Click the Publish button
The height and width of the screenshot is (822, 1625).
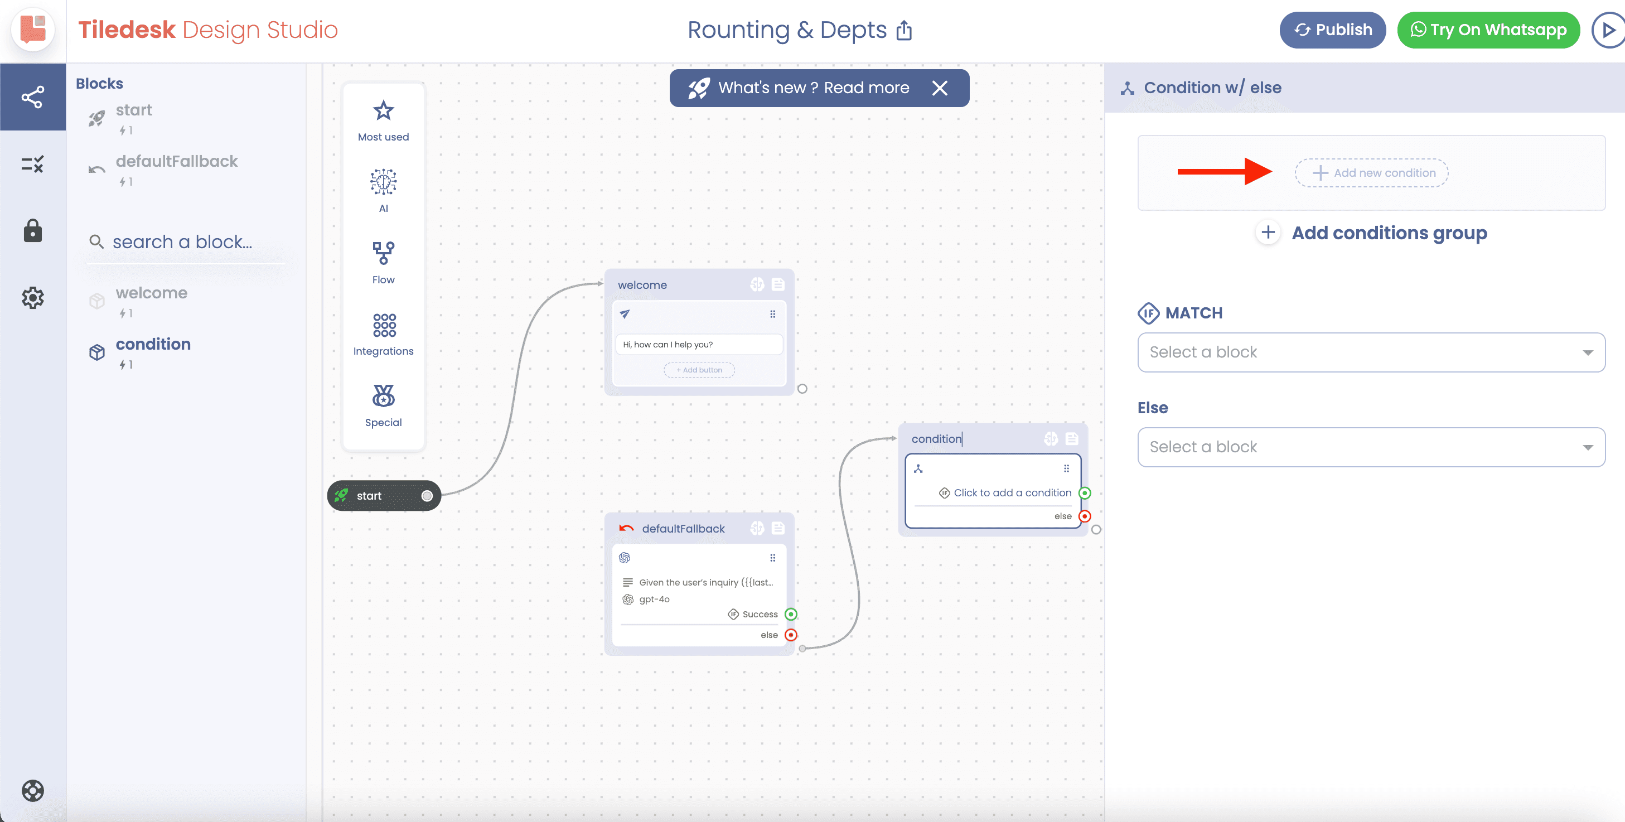point(1332,30)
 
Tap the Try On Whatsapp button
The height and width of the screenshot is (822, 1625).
point(1488,30)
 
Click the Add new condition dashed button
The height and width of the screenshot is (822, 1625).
point(1371,173)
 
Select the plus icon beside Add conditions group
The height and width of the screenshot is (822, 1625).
point(1268,232)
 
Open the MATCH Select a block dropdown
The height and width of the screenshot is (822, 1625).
point(1371,352)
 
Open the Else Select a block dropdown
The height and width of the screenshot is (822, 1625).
point(1371,447)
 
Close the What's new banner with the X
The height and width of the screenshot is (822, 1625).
point(940,88)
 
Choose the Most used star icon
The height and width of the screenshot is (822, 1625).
point(384,110)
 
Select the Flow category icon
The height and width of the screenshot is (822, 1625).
point(384,253)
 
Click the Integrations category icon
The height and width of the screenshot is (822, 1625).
point(384,325)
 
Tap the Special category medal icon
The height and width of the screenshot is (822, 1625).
point(384,395)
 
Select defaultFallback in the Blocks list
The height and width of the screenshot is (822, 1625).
point(177,162)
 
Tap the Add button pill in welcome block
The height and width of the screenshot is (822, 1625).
point(699,370)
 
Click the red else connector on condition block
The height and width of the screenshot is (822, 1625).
point(1085,516)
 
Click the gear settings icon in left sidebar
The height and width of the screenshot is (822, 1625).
point(33,298)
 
